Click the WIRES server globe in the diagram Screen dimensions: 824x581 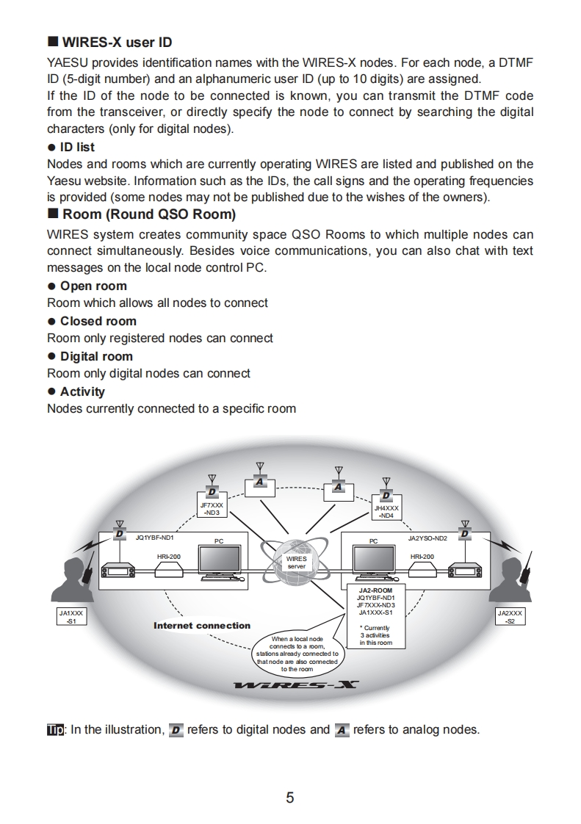[296, 563]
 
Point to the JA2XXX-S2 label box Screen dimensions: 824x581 [510, 616]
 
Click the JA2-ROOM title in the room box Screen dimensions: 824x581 [375, 590]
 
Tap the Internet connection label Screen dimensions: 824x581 [202, 626]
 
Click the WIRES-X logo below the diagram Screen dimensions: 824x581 [296, 686]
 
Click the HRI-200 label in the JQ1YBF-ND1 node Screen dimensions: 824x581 [168, 557]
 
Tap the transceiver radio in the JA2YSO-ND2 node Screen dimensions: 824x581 [462, 571]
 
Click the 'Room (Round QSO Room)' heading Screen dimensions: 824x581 [149, 215]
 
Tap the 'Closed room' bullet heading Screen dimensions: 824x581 [98, 321]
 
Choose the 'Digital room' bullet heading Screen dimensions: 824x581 [96, 356]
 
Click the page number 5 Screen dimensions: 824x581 [290, 798]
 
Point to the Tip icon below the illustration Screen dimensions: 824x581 [55, 730]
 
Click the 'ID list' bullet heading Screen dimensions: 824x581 [77, 147]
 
